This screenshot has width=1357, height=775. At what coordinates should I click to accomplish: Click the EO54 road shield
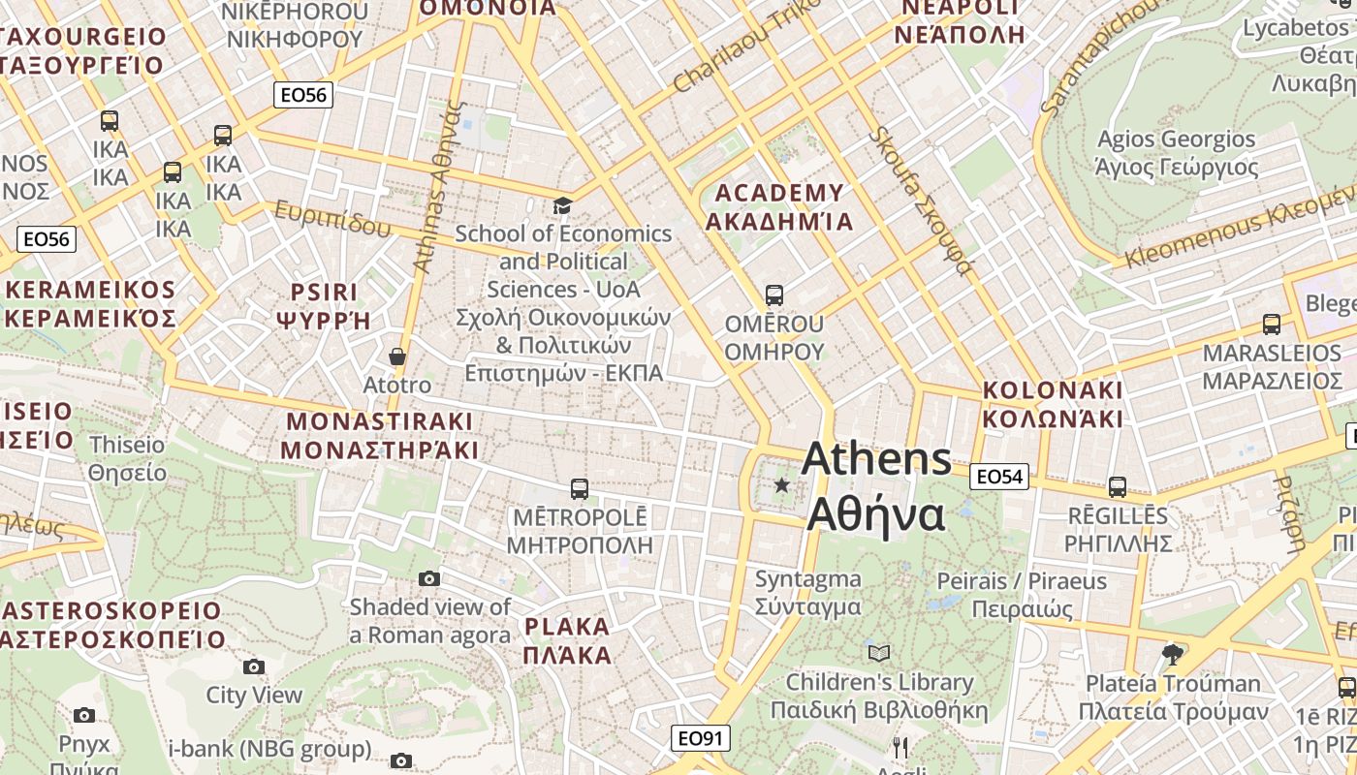(x=999, y=476)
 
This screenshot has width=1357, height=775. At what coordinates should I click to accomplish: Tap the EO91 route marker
(x=700, y=738)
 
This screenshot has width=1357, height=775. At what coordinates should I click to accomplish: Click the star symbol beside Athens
(x=781, y=483)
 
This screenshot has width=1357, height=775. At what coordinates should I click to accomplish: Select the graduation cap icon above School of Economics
(x=562, y=205)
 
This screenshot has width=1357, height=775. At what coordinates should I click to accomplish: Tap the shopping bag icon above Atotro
(x=396, y=356)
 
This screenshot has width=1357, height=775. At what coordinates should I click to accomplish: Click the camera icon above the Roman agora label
(x=428, y=579)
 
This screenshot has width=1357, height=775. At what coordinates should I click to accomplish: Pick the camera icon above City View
(x=254, y=666)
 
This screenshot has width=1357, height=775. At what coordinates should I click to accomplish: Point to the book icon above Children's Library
(x=879, y=653)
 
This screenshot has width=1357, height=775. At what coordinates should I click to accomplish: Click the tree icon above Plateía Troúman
(x=1173, y=654)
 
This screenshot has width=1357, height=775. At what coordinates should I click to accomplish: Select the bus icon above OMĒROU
(x=773, y=294)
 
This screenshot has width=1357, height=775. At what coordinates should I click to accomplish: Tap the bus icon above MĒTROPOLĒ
(x=580, y=488)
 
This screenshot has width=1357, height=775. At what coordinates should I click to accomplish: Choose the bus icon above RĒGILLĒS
(x=1118, y=486)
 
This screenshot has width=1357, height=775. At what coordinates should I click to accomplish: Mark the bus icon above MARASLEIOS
(x=1272, y=325)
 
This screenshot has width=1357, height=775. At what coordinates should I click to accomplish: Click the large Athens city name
(x=876, y=458)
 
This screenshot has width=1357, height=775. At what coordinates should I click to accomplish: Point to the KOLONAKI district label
(x=1053, y=390)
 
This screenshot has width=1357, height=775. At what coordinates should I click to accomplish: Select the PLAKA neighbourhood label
(x=567, y=626)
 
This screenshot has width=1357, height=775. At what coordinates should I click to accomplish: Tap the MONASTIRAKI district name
(x=380, y=421)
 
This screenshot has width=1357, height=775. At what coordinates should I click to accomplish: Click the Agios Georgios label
(x=1177, y=139)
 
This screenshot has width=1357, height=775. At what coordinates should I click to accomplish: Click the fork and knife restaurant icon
(x=900, y=747)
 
